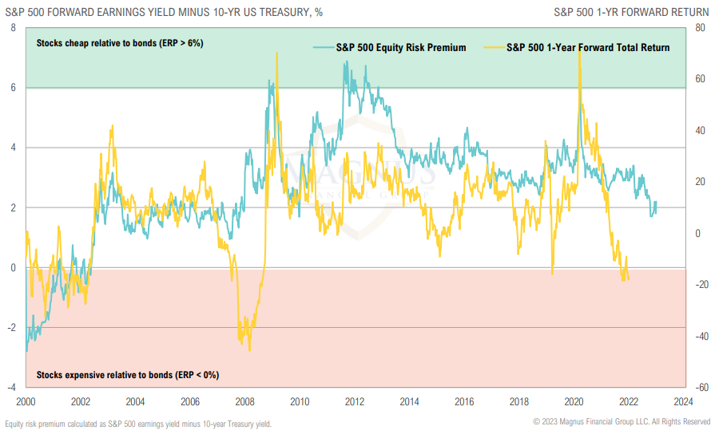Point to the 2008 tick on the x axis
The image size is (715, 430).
[245, 401]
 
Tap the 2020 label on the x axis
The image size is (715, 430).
[574, 401]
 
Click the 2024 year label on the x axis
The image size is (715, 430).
[684, 401]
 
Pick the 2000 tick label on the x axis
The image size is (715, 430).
[26, 401]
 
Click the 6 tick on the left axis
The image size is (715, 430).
[13, 88]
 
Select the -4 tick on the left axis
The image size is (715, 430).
[11, 387]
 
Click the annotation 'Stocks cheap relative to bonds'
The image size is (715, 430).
[119, 43]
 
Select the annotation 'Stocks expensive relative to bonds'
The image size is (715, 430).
[127, 374]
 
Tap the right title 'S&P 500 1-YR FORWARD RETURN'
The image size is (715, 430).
[631, 11]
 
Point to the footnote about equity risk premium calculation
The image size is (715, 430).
[138, 424]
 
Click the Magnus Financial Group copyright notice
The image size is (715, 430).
[622, 421]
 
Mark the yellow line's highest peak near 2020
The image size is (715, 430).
[578, 49]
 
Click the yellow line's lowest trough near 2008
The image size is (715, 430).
[250, 350]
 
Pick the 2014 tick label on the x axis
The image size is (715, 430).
[410, 401]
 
